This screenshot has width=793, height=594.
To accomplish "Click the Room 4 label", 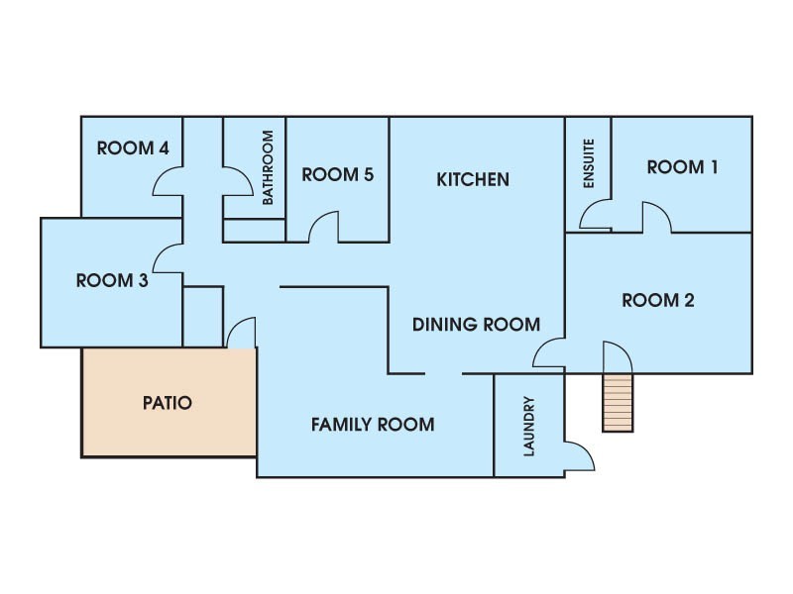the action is pos(133,148).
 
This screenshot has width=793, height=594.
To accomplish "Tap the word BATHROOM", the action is pos(268,167).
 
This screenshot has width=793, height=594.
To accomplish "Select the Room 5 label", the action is pos(338,175).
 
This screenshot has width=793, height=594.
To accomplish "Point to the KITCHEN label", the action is pos(473,179).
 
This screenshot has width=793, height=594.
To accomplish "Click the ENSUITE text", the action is pos(588,163).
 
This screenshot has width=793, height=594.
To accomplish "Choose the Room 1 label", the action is pos(683,167).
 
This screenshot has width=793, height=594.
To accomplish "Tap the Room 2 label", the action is pos(658,300).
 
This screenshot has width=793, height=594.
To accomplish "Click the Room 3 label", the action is pos(112,280).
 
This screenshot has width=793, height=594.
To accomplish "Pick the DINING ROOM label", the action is pos(477,325).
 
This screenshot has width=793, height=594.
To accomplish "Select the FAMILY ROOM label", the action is pos(373,425).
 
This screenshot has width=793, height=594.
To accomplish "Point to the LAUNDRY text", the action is pos(529,427).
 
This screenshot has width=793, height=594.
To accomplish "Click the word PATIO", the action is pos(168,403).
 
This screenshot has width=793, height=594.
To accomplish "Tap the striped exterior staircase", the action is pos(618,403).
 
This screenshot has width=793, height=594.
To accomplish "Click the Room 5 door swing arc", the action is pos(317,218).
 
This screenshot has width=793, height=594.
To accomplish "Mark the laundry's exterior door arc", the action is pos(588,450).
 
